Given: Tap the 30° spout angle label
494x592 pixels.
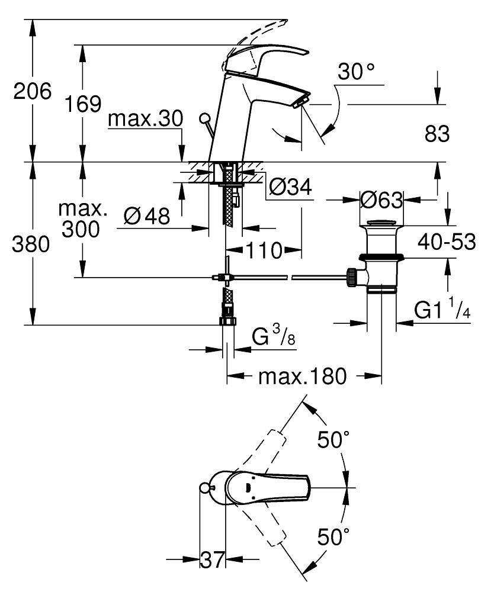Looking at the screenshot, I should point(356,73).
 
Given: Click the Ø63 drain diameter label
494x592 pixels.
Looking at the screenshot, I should point(381,200).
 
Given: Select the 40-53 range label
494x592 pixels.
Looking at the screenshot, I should point(447,242).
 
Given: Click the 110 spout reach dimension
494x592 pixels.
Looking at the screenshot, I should point(264,251).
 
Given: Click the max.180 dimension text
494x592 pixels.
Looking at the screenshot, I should point(303,376).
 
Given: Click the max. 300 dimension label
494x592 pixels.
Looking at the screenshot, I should point(83,221).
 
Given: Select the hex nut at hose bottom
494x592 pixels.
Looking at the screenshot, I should point(227,321).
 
